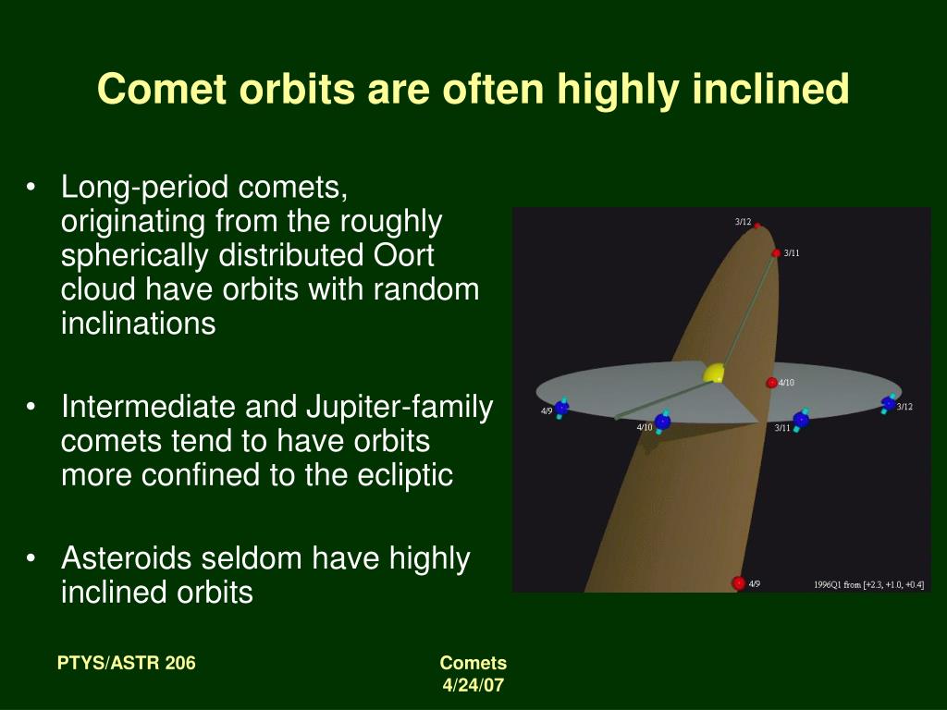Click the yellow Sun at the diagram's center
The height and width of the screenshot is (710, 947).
tap(714, 373)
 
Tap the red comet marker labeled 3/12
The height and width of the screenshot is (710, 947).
tap(756, 226)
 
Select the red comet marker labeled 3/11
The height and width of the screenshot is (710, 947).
tap(776, 253)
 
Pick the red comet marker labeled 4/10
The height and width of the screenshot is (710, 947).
tap(771, 382)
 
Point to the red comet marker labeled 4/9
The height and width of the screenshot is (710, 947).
tap(738, 583)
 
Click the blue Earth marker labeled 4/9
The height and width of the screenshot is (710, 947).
tap(561, 408)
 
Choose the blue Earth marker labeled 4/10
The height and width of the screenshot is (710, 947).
tap(662, 422)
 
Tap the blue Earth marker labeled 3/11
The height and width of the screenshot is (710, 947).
tap(801, 421)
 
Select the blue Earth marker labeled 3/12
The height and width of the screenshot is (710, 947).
tap(889, 403)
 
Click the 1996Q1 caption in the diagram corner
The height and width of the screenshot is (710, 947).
tap(868, 584)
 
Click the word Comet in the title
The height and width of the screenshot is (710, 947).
tap(161, 89)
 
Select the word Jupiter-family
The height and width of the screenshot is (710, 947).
tap(400, 408)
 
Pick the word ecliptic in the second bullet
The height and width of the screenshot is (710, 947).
tap(405, 475)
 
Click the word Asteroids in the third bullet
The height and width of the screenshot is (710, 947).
tap(126, 557)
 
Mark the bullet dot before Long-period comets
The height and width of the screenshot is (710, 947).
tap(31, 187)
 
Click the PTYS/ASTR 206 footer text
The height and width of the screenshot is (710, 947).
tap(126, 663)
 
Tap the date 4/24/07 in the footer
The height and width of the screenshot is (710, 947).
tap(473, 685)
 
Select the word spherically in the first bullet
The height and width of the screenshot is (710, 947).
tap(135, 256)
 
